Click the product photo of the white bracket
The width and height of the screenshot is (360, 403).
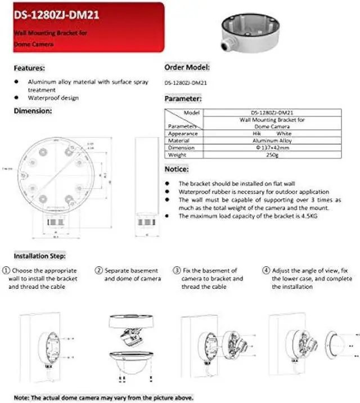[244, 30]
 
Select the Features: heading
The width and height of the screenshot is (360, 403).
[29, 68]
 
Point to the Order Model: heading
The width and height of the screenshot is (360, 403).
[187, 67]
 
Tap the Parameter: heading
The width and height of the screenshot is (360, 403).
[183, 98]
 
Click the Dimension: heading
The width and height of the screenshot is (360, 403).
[33, 111]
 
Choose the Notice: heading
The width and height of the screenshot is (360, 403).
[177, 169]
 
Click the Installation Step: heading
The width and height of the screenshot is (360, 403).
[39, 256]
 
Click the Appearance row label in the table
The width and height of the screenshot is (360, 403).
[183, 133]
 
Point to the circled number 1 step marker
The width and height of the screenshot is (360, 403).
[6, 271]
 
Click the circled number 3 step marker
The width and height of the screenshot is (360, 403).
[177, 271]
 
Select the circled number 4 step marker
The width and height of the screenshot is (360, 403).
[267, 271]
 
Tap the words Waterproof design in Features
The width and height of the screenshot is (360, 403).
[53, 98]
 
